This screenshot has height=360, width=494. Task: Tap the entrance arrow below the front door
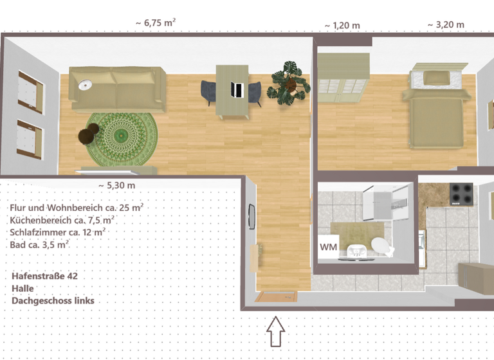click(275, 332)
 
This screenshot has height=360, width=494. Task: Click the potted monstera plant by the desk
click(289, 82)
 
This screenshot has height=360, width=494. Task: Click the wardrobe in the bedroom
click(343, 78)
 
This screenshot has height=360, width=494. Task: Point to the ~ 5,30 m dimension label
click(116, 185)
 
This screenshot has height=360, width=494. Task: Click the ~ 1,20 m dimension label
click(342, 25)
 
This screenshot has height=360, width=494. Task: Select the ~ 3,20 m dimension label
click(446, 25)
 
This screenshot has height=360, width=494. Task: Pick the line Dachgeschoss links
click(53, 300)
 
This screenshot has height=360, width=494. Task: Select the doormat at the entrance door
click(275, 296)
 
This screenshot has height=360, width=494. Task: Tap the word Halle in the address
click(23, 288)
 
